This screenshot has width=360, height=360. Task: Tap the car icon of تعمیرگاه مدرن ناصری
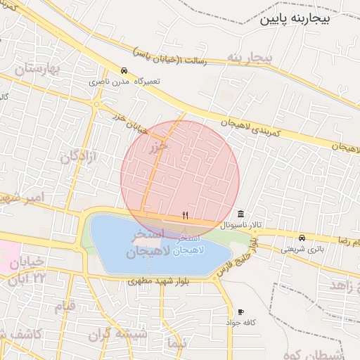tap(124, 71)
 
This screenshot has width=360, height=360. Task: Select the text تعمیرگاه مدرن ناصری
tap(124, 82)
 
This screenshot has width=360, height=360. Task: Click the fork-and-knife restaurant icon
tap(186, 215)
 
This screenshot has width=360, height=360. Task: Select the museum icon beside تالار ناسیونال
tap(241, 214)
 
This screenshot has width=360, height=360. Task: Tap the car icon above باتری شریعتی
tap(302, 238)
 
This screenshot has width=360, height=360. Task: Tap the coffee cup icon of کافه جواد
tap(241, 311)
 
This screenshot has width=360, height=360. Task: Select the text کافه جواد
tap(239, 322)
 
